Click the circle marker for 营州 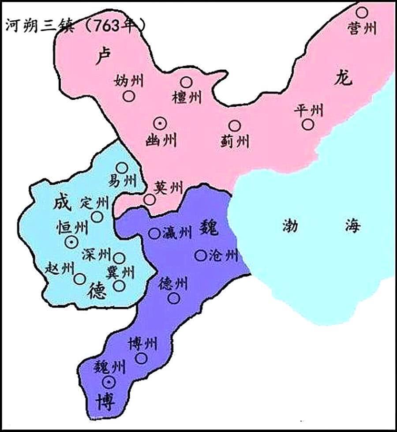coord(362,12)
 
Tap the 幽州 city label coord(161,141)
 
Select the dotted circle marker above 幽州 coord(160,124)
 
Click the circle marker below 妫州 coord(129,97)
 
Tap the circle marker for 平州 coord(308,125)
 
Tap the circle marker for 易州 coord(122,167)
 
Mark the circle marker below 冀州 coord(119,285)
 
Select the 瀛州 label coord(176,233)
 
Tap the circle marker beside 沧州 coord(201,255)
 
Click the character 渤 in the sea coord(290,227)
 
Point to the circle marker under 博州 coord(141,358)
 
